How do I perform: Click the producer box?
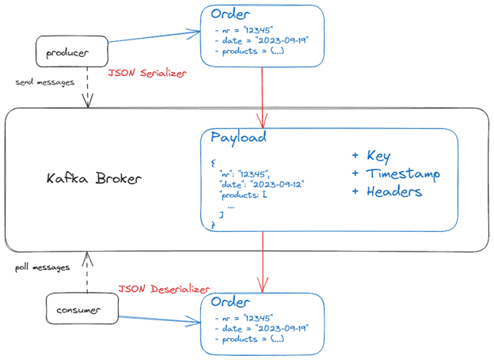click(x=72, y=51)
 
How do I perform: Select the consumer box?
click(x=82, y=309)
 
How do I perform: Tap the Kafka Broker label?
click(x=94, y=178)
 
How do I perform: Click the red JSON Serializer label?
click(x=147, y=73)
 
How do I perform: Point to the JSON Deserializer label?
click(x=164, y=289)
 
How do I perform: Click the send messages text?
click(x=45, y=82)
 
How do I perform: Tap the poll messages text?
click(x=43, y=267)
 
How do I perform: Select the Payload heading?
click(x=238, y=138)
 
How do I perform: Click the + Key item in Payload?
click(x=371, y=156)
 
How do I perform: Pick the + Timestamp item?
click(x=396, y=174)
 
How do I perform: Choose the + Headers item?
click(x=387, y=191)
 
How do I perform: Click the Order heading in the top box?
click(x=230, y=14)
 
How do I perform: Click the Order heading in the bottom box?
click(x=230, y=301)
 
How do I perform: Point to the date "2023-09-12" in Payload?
click(x=277, y=184)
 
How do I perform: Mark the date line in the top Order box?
click(x=262, y=40)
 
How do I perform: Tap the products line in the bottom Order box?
click(x=249, y=339)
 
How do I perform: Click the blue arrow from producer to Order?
click(x=154, y=36)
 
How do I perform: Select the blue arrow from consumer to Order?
click(x=159, y=320)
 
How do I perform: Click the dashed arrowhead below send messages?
click(x=88, y=100)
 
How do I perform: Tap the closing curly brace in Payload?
click(x=213, y=225)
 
